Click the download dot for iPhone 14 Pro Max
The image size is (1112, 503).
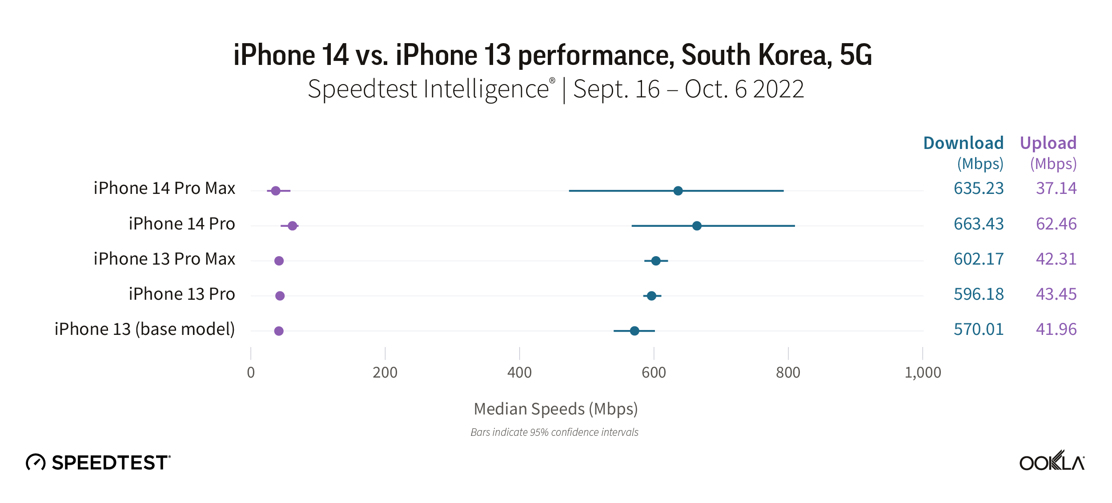click(678, 191)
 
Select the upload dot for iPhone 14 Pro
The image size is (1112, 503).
click(292, 226)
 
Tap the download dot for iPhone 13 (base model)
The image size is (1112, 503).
click(634, 331)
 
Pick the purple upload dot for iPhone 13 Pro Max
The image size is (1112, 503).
click(279, 261)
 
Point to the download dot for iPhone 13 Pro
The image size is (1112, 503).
click(651, 296)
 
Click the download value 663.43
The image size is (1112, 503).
click(978, 224)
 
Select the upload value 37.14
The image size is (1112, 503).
click(1056, 188)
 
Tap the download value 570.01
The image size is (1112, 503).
click(978, 329)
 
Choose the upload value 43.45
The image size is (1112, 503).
click(1056, 294)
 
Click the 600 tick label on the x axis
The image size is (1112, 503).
click(654, 372)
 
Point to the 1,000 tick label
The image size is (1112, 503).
click(923, 372)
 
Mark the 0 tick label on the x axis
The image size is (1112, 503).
click(251, 372)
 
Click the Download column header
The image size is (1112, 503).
click(963, 143)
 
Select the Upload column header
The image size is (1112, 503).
click(1048, 143)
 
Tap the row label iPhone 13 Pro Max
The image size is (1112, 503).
click(164, 259)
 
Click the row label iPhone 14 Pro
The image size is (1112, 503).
click(181, 224)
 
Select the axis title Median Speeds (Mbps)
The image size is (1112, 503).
click(555, 409)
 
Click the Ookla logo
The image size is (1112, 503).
click(1052, 461)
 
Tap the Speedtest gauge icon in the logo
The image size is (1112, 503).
click(36, 462)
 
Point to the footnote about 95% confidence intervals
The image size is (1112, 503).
click(554, 432)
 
